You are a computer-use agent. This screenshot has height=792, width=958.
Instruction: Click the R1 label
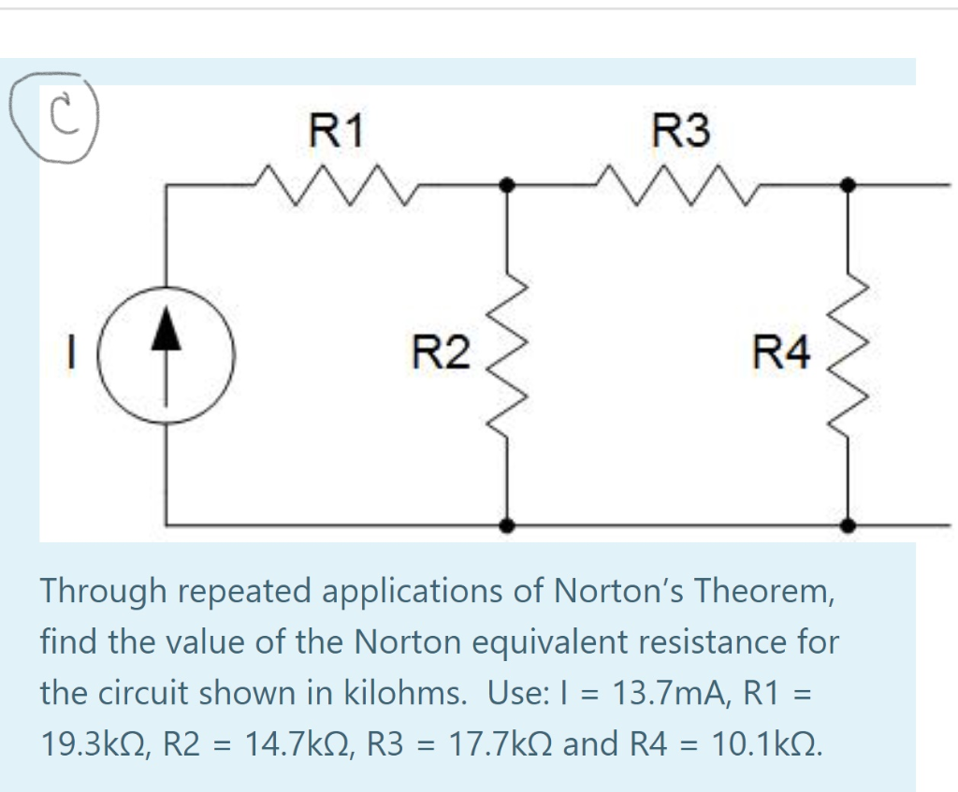tap(337, 131)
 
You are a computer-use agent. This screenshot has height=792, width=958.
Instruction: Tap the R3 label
tap(681, 131)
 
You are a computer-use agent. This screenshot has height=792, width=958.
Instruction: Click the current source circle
tap(167, 355)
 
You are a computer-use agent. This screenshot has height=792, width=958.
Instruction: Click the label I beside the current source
tap(71, 355)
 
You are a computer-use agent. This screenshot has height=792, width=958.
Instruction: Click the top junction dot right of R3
tap(849, 185)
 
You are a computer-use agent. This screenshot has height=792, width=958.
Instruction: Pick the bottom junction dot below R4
tap(849, 526)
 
